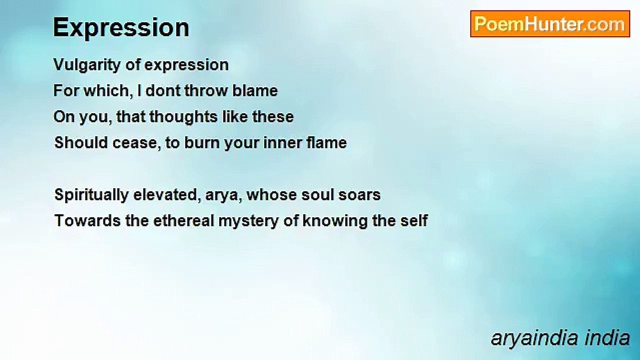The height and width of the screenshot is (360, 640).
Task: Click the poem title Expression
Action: (121, 28)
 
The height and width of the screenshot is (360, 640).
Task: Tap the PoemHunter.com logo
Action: (550, 24)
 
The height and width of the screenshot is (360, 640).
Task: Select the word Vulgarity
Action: (87, 65)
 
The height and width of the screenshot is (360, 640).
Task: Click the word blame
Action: (255, 90)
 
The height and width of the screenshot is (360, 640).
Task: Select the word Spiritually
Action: (91, 195)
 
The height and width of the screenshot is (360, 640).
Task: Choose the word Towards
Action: (87, 221)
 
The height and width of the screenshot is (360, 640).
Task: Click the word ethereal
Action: (183, 221)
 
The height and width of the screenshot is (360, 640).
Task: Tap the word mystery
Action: (248, 221)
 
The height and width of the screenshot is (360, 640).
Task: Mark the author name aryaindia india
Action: (560, 338)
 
